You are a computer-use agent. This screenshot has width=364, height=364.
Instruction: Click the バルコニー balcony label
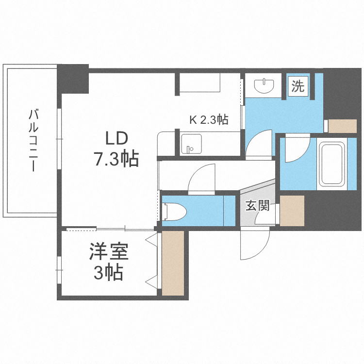click(x=33, y=141)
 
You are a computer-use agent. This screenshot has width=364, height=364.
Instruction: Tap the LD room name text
click(x=116, y=138)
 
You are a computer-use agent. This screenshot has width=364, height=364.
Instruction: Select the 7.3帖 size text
click(x=116, y=159)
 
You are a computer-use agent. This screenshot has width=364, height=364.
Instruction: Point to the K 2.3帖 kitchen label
click(x=209, y=120)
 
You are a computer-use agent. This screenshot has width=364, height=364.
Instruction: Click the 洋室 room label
click(x=108, y=253)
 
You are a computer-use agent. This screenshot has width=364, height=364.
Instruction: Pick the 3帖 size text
click(x=108, y=273)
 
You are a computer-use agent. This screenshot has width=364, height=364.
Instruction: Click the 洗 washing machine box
click(x=298, y=86)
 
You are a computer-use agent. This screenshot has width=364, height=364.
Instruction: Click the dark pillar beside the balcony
click(x=73, y=79)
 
